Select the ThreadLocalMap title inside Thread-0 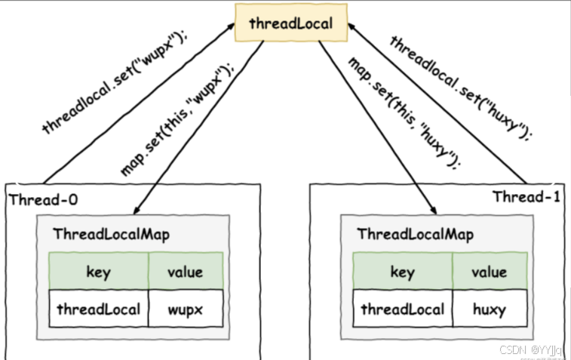(112, 234)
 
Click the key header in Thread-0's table (98, 272)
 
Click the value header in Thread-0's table (186, 272)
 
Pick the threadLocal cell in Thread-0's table (98, 309)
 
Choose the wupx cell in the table (186, 309)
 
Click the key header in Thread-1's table (403, 272)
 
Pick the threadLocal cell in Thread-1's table (403, 309)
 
